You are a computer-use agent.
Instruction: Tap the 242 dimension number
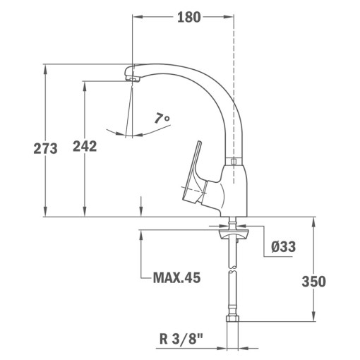[x=84, y=146]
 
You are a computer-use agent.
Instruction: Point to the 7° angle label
[x=162, y=119]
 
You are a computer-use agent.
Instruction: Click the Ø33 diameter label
[x=283, y=246]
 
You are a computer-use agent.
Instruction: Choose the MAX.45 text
[x=176, y=277]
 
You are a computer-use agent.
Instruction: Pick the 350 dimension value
[x=313, y=282]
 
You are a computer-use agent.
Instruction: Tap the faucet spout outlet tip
[x=131, y=78]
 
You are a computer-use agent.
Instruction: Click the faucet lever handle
[x=194, y=169]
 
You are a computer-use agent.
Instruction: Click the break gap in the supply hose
[x=232, y=270]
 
